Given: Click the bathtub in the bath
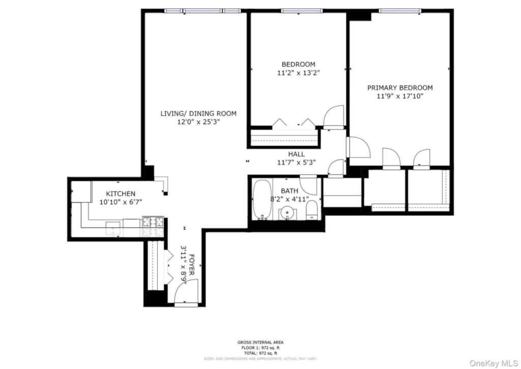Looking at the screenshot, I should click(x=263, y=199).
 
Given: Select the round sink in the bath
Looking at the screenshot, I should click(x=288, y=213).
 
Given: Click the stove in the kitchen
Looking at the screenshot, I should click(x=152, y=222).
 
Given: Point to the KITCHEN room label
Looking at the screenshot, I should click(x=121, y=194).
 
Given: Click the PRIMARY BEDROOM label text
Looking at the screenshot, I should click(x=400, y=88).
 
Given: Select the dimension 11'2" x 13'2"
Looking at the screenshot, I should click(x=298, y=73).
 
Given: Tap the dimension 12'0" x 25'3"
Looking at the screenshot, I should click(x=198, y=122).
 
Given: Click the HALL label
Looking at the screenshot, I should click(x=297, y=154).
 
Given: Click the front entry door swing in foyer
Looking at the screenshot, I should click(x=183, y=294).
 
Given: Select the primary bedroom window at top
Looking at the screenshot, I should click(x=399, y=11).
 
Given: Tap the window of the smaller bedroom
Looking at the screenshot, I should click(x=301, y=11).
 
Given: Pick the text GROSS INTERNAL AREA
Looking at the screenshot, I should click(x=260, y=342).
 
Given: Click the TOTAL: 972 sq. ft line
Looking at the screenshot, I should click(x=260, y=353).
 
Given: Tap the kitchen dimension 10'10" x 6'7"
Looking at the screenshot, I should click(x=121, y=202).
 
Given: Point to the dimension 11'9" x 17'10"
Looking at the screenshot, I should click(x=400, y=96).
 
